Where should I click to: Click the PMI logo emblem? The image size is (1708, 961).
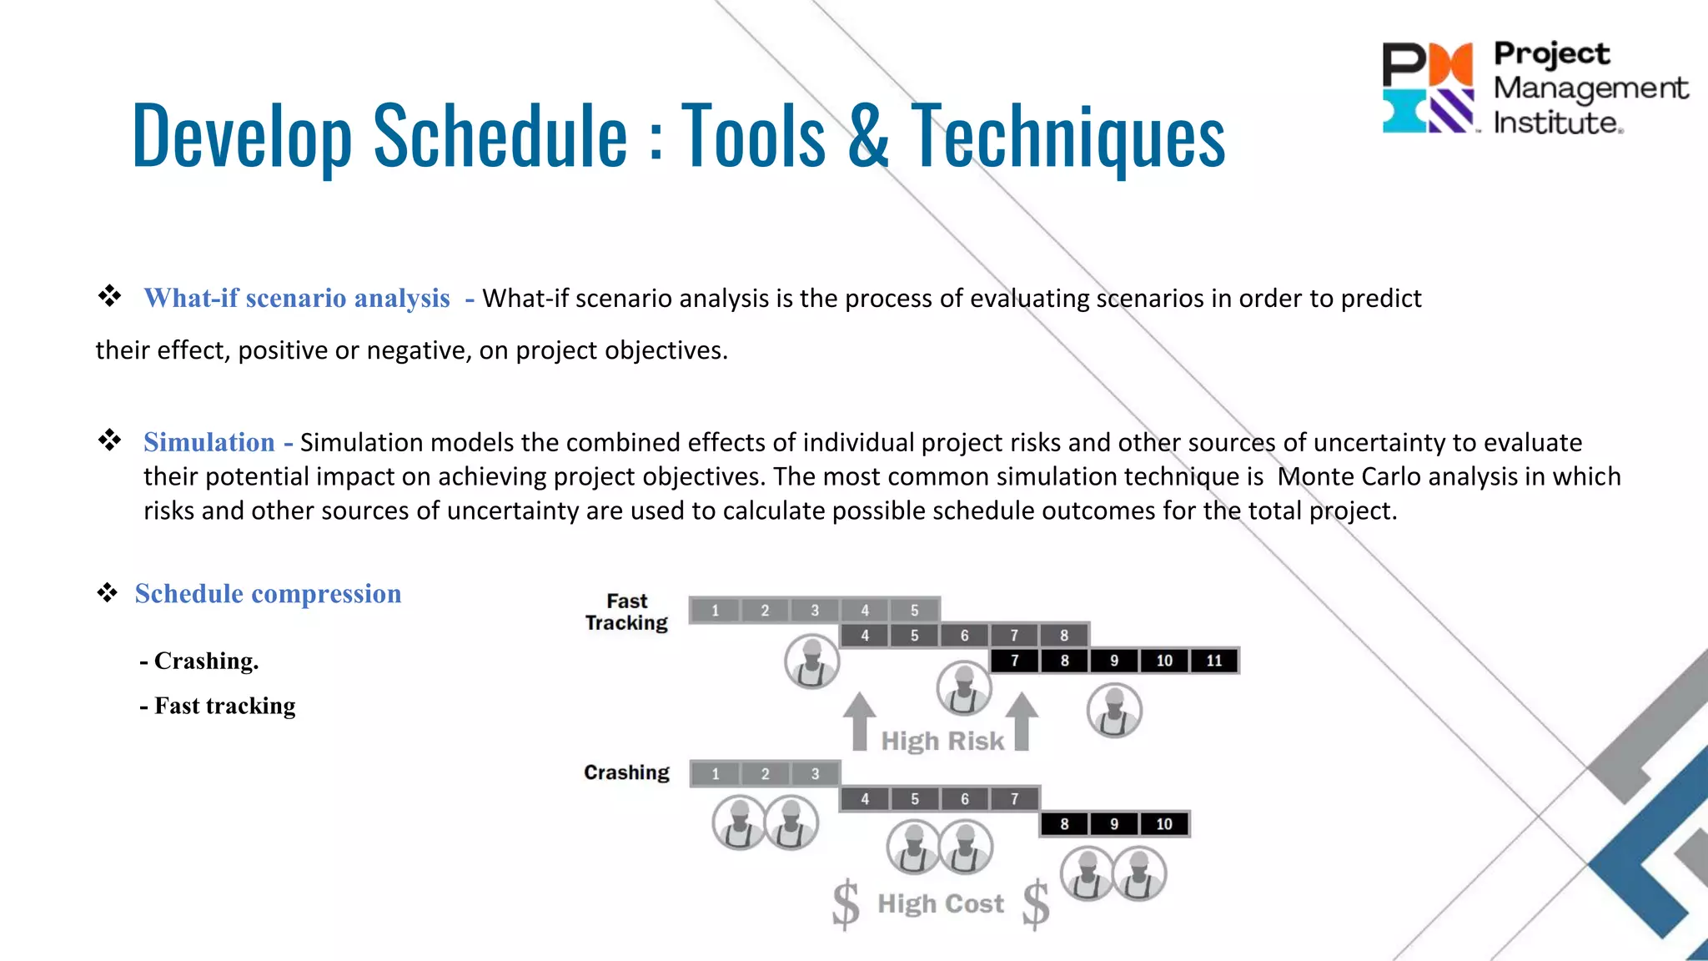(x=1427, y=88)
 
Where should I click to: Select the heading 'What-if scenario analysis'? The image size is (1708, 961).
(x=297, y=298)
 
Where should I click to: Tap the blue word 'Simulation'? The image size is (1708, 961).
(x=208, y=442)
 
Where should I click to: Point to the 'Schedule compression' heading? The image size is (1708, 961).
(x=268, y=593)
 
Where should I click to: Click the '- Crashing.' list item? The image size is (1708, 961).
(x=199, y=661)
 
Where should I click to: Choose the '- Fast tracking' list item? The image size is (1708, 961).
(x=218, y=706)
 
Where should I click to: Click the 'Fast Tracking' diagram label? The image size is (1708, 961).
(x=626, y=611)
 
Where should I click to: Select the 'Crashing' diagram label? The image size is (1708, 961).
(x=626, y=772)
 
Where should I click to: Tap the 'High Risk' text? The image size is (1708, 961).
(x=942, y=741)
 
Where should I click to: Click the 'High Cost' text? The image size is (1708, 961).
(x=941, y=903)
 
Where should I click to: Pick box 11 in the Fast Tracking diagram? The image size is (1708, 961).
(x=1214, y=661)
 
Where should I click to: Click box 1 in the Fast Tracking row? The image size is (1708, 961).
(x=715, y=611)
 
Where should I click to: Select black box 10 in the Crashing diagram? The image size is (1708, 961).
(x=1164, y=824)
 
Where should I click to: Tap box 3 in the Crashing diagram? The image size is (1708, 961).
(x=815, y=774)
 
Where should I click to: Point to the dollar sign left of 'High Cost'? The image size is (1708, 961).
(x=846, y=904)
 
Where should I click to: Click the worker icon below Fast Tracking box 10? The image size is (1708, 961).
(x=1114, y=711)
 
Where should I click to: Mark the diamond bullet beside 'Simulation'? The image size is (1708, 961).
(x=109, y=440)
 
